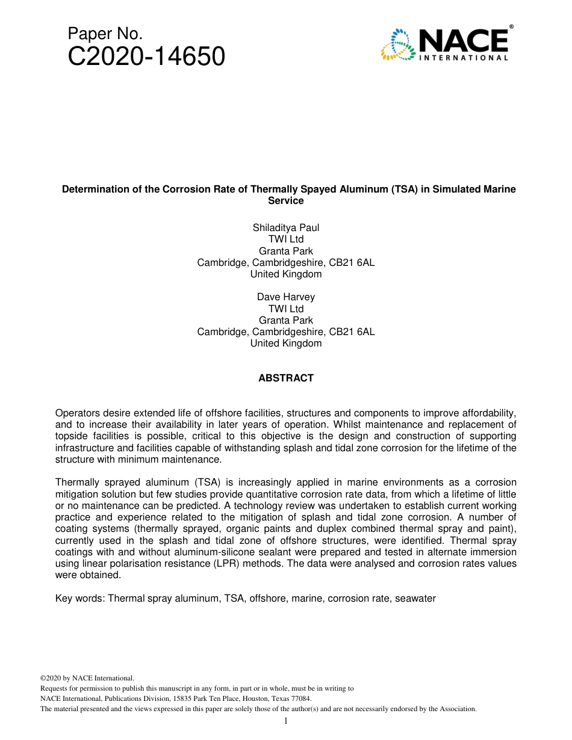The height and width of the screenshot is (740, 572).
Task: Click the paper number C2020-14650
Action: [146, 57]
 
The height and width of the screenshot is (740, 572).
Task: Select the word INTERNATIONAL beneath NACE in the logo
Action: [463, 58]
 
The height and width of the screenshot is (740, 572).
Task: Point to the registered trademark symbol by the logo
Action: [511, 27]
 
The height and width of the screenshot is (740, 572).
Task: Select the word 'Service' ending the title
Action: [286, 201]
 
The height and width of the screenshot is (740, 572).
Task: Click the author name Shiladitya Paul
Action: [286, 227]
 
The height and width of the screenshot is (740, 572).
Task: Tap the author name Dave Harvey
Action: [286, 297]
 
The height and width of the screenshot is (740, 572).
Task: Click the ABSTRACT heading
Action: [286, 378]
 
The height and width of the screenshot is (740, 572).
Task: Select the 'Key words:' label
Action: [80, 598]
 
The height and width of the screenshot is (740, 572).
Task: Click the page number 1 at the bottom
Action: [286, 721]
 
